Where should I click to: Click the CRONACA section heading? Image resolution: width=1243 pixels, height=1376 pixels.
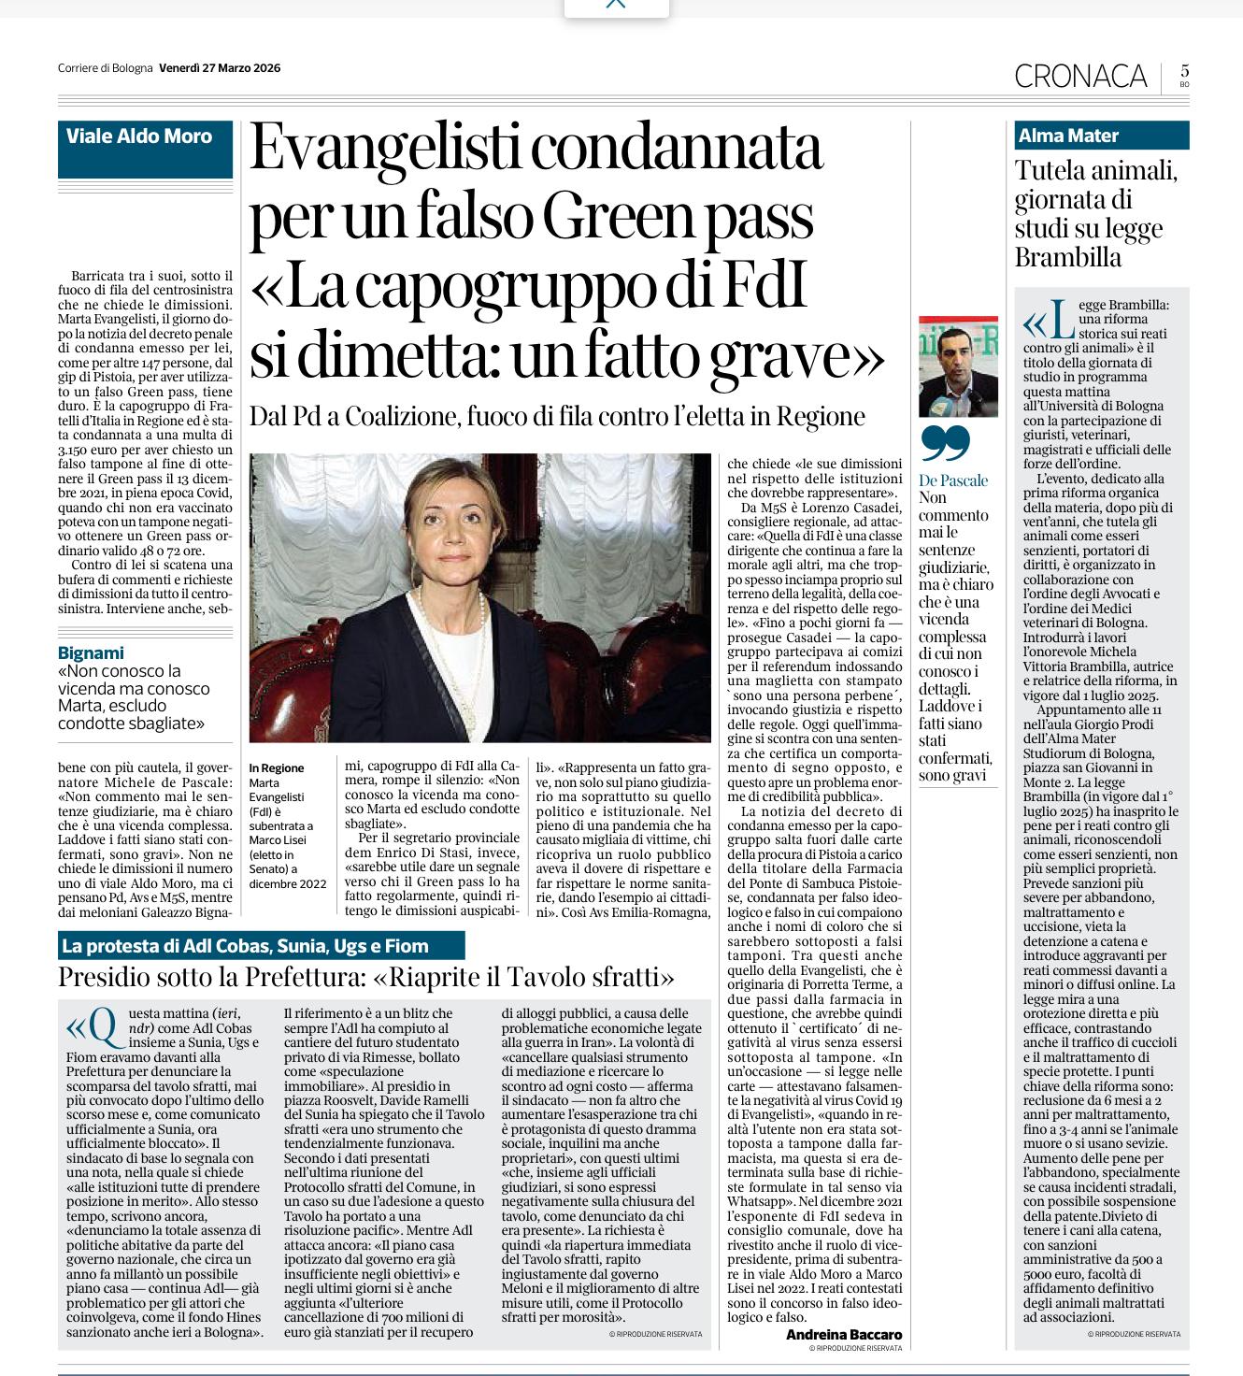(x=1080, y=76)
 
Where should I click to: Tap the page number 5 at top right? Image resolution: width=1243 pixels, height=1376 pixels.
(x=1184, y=71)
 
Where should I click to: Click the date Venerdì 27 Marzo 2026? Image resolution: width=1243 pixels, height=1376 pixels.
(x=220, y=67)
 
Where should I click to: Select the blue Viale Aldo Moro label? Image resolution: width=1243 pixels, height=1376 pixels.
(x=139, y=136)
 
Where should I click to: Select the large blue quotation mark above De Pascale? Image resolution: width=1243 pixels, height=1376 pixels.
(x=945, y=445)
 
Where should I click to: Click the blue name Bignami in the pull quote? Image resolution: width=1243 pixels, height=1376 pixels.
(x=91, y=652)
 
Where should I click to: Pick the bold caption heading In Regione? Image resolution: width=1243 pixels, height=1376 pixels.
(x=277, y=768)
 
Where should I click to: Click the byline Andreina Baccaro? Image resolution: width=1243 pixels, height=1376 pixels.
(x=844, y=1334)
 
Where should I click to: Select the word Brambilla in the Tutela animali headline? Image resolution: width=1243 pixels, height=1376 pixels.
(x=1068, y=257)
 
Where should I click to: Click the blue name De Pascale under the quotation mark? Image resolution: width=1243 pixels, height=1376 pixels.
(x=953, y=480)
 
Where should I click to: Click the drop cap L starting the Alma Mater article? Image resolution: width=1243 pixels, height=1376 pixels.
(x=1060, y=323)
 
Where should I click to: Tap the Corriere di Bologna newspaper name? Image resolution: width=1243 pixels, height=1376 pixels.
(x=105, y=67)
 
